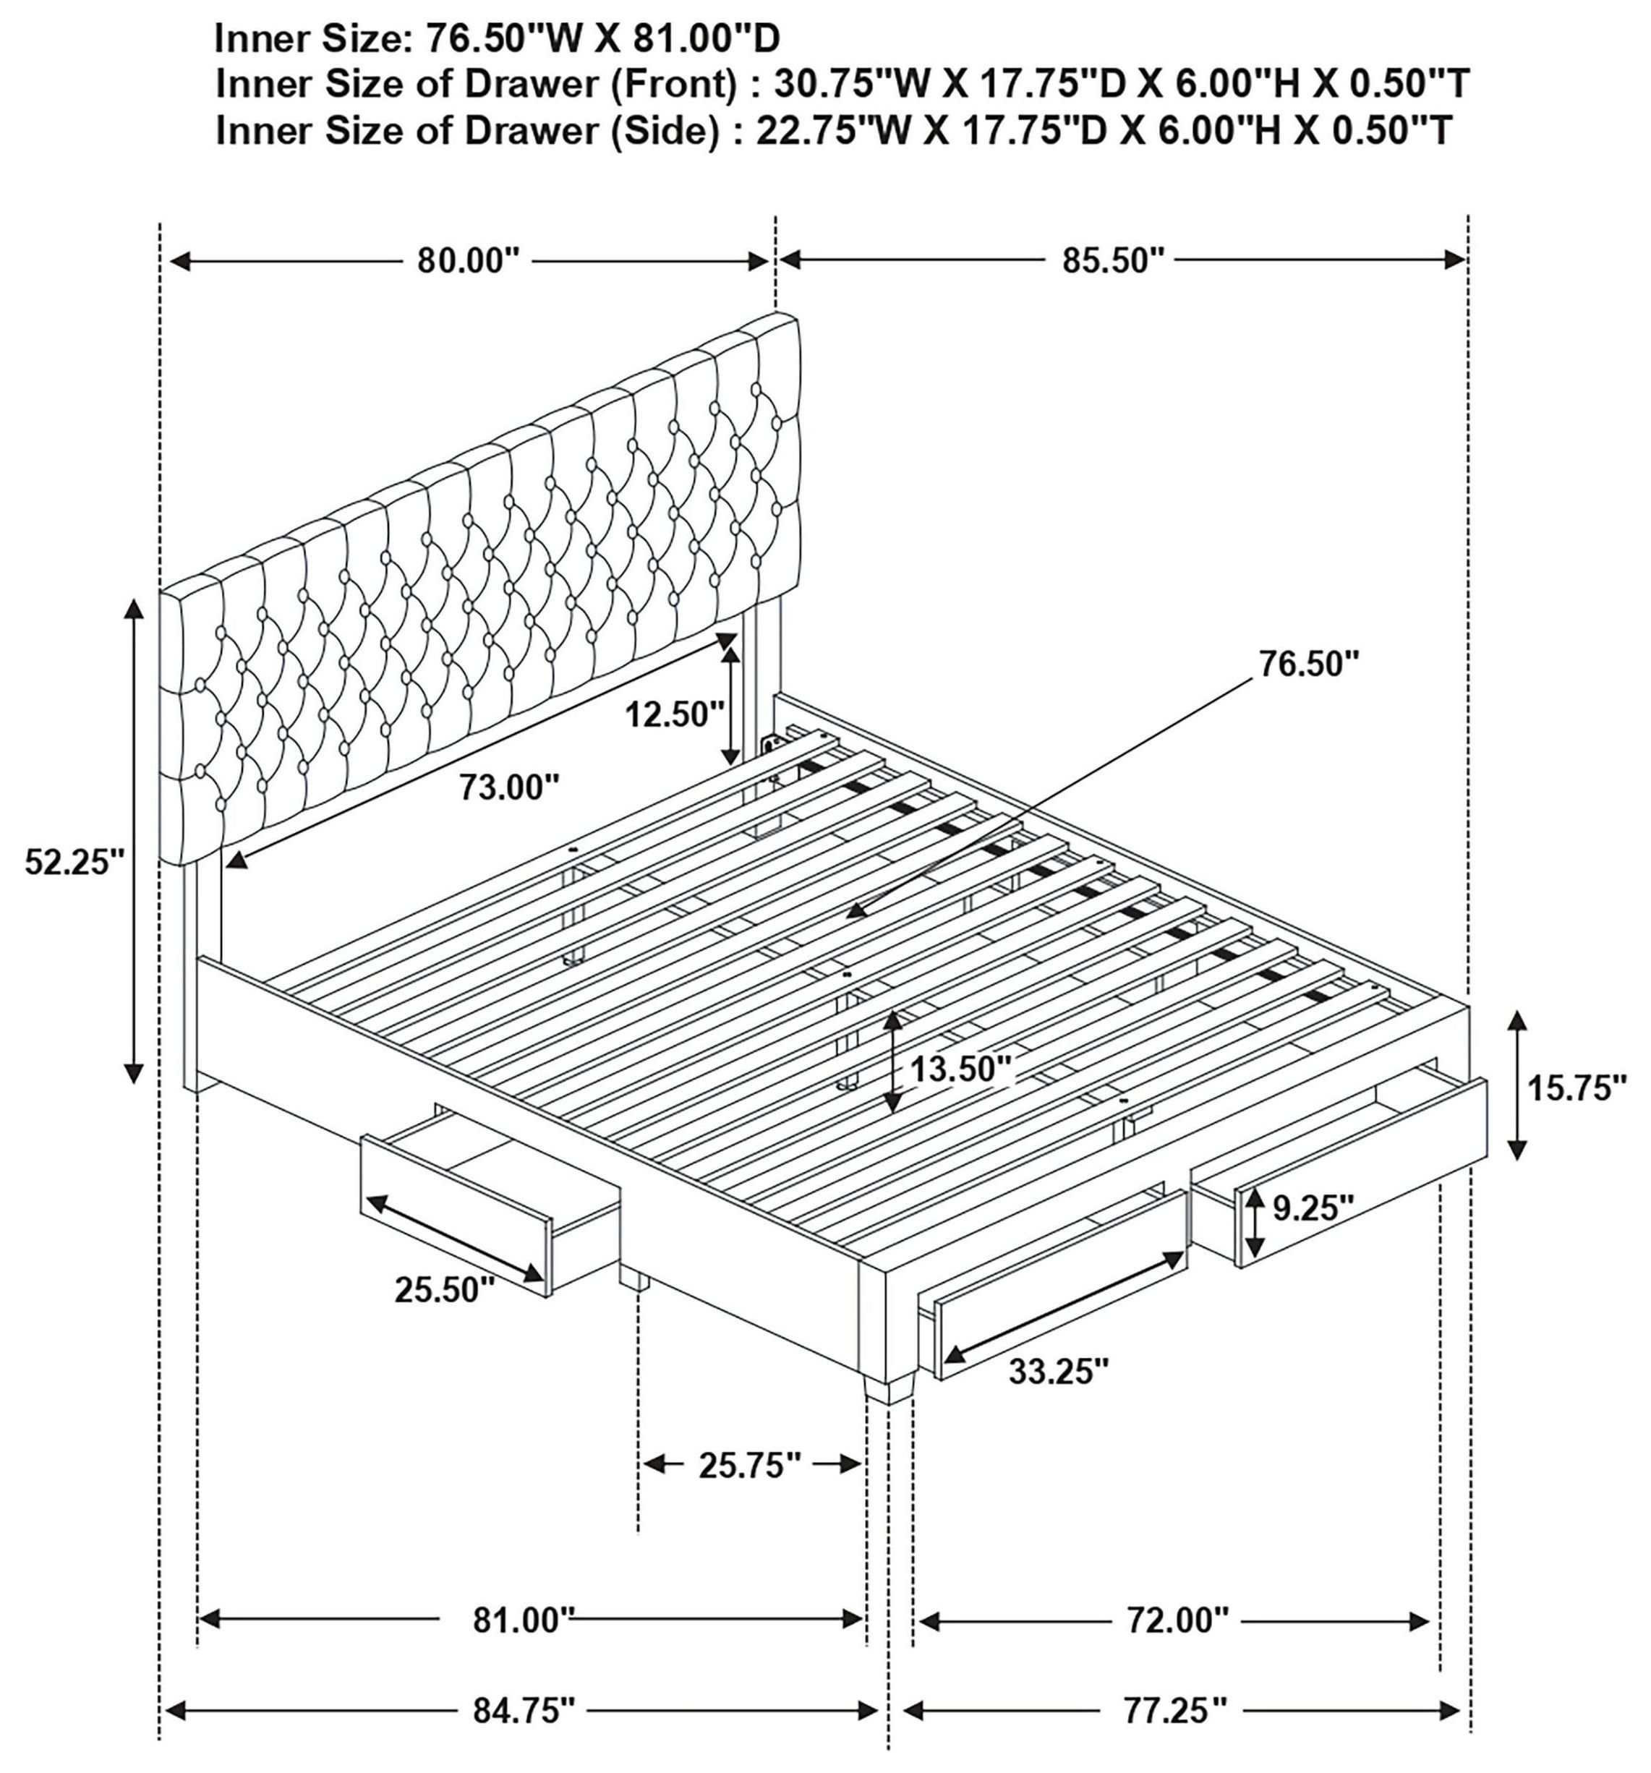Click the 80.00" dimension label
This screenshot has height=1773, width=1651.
467,261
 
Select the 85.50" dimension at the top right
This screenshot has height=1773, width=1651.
1112,260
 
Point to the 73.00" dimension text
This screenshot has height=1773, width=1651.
508,787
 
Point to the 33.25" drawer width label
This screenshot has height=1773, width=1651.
1059,1371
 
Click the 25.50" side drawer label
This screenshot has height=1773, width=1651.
444,1289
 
